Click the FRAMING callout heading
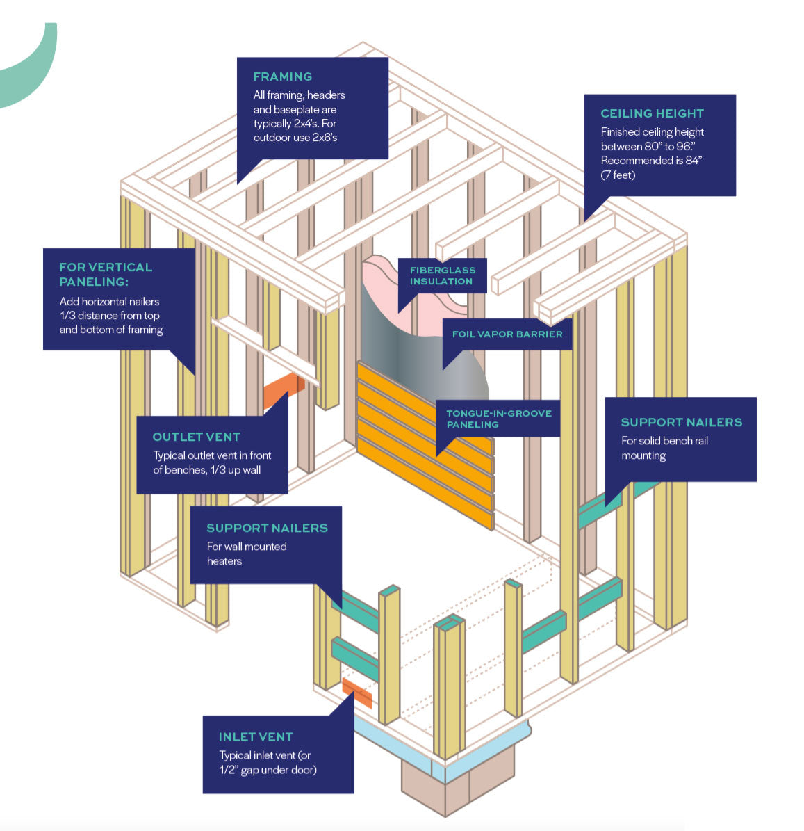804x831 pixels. click(282, 76)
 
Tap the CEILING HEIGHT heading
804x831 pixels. click(652, 113)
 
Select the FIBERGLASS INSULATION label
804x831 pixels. click(442, 275)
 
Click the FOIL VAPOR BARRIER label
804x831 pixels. click(507, 334)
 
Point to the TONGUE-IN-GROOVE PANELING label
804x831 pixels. click(498, 419)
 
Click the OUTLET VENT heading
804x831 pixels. click(196, 437)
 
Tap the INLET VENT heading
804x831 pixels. click(256, 736)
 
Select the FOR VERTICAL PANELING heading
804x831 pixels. click(106, 274)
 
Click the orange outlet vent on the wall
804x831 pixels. click(281, 392)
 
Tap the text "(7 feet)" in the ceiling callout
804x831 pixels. click(618, 175)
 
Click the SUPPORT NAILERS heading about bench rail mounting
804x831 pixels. click(681, 422)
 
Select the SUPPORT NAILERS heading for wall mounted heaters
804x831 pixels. click(267, 528)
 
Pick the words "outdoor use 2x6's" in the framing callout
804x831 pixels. click(295, 138)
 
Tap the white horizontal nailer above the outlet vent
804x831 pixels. click(265, 347)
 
